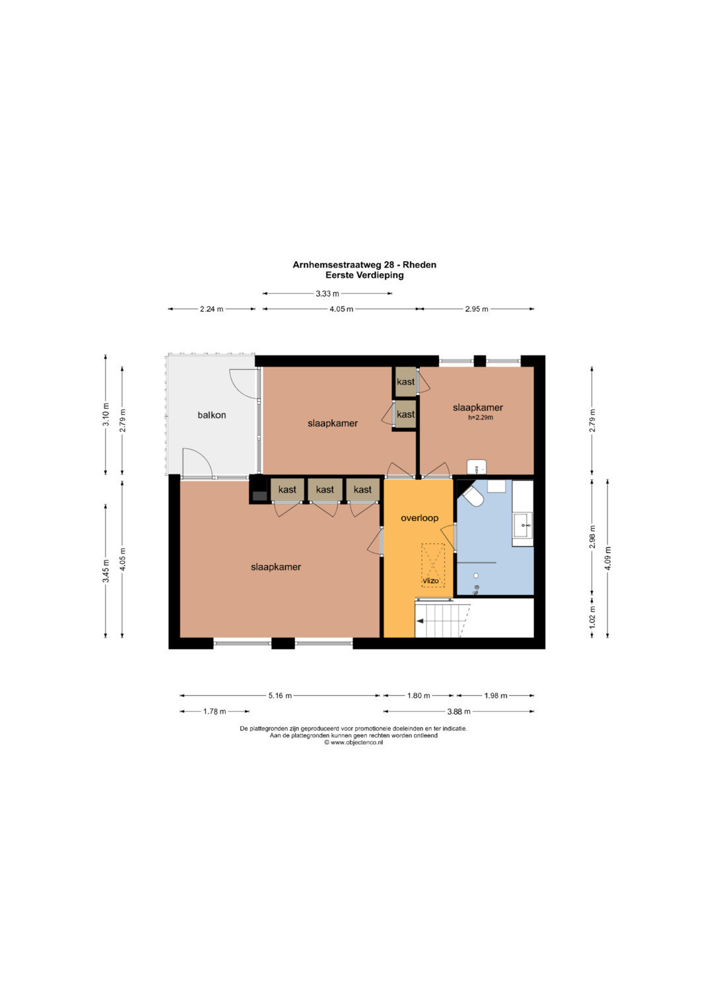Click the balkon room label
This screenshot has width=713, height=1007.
click(x=211, y=415)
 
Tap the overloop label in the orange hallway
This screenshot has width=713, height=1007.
click(x=419, y=518)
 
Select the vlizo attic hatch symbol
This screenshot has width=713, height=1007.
click(x=432, y=565)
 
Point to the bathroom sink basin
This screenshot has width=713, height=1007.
click(x=523, y=525)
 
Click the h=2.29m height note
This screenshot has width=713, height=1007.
click(x=481, y=417)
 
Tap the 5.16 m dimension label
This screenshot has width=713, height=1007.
click(x=280, y=696)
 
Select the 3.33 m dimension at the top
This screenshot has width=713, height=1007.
click(x=327, y=293)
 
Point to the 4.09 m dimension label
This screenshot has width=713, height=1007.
click(x=607, y=558)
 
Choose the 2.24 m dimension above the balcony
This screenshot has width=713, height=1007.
click(x=211, y=309)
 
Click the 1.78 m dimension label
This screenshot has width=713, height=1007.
click(x=215, y=711)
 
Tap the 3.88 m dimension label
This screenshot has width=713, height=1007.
click(x=459, y=711)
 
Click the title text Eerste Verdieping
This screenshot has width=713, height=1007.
click(x=364, y=275)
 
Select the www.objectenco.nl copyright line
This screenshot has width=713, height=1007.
click(x=353, y=743)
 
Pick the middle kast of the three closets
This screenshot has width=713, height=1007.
click(x=325, y=489)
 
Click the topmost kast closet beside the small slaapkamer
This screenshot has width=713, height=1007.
click(x=405, y=382)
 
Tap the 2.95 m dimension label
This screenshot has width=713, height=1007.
click(x=477, y=309)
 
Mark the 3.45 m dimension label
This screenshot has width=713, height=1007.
click(x=106, y=571)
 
